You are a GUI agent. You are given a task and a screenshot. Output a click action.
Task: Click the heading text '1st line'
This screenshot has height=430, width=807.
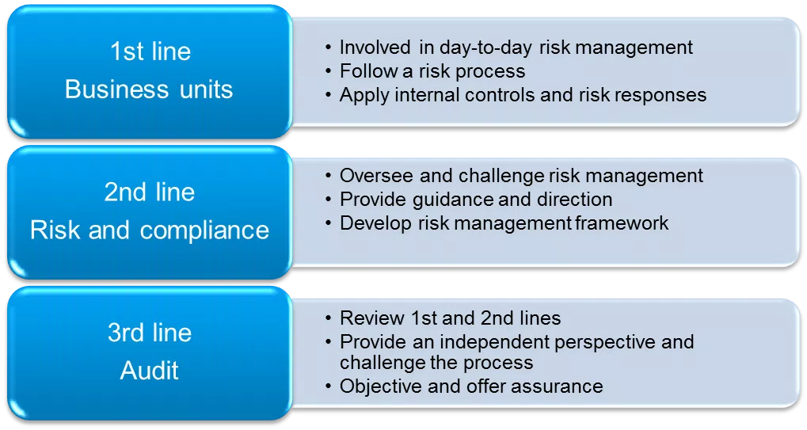150,51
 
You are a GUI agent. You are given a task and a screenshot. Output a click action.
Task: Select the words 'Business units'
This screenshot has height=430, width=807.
149,89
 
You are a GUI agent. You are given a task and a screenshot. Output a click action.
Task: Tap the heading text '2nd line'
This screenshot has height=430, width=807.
149,192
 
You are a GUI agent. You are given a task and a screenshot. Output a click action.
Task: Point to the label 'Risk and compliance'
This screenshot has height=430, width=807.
149,230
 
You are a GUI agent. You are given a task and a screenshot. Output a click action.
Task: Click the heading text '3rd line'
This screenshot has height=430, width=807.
150,333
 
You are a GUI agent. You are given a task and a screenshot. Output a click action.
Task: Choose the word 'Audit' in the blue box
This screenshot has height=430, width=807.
149,371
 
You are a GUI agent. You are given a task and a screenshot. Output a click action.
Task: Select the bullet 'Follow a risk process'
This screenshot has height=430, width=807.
432,71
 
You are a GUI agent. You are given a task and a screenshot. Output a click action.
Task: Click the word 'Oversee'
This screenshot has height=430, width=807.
375,175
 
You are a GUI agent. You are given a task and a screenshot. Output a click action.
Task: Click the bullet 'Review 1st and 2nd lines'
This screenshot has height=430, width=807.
451,318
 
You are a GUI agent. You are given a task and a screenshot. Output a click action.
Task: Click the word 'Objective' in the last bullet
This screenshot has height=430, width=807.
381,386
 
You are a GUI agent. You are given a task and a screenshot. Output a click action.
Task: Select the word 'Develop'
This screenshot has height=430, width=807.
375,224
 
